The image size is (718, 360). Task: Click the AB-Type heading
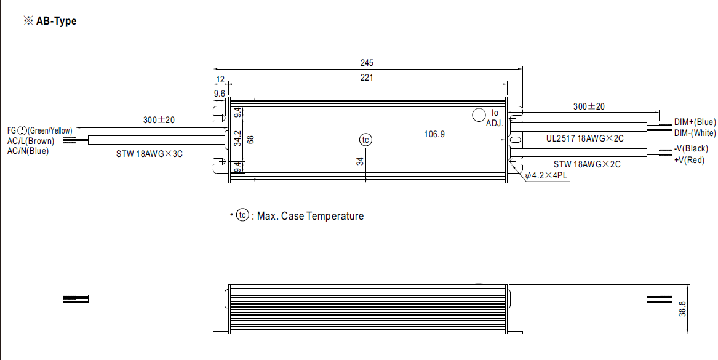(x=50, y=21)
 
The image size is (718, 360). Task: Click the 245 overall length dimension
(x=367, y=63)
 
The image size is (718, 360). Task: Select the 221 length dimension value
(x=367, y=78)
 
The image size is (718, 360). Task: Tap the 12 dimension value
(x=220, y=79)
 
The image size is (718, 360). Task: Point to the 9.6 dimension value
(x=219, y=93)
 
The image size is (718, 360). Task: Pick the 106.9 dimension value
(x=434, y=134)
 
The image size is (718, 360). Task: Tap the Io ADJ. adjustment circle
(x=478, y=115)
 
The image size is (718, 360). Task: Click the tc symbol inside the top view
(x=366, y=140)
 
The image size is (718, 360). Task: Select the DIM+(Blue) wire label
(x=695, y=122)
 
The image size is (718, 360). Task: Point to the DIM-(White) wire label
(x=695, y=133)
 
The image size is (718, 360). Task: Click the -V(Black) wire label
(x=690, y=149)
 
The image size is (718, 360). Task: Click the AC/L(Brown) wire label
(x=30, y=140)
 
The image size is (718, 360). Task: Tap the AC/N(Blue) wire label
(x=28, y=150)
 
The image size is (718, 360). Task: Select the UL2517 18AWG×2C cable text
(x=584, y=138)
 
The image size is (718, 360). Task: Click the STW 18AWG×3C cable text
(x=150, y=153)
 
